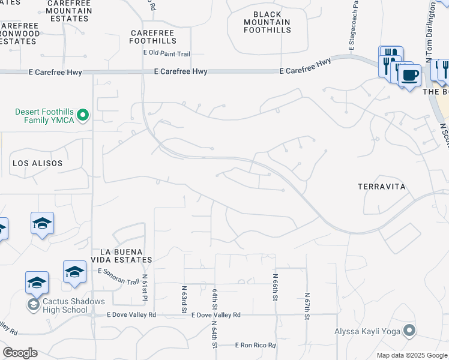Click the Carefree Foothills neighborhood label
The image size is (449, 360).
click(x=153, y=36)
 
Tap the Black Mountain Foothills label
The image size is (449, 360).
click(x=264, y=23)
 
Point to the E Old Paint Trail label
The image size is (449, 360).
click(x=167, y=54)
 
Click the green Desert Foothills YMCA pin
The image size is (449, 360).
click(x=83, y=115)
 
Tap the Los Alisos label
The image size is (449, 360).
click(x=37, y=163)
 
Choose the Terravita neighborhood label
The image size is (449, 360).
click(x=382, y=187)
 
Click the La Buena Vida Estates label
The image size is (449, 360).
click(x=121, y=255)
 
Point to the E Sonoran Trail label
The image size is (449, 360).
click(x=118, y=271)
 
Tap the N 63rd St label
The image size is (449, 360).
click(x=184, y=299)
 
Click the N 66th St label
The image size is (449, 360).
click(x=276, y=283)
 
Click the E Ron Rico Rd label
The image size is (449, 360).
click(x=255, y=345)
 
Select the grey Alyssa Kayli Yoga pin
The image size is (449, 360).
click(x=409, y=330)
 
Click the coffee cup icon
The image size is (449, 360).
click(x=410, y=76)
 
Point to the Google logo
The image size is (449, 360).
click(x=20, y=353)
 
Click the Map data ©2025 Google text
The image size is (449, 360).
click(x=412, y=355)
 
